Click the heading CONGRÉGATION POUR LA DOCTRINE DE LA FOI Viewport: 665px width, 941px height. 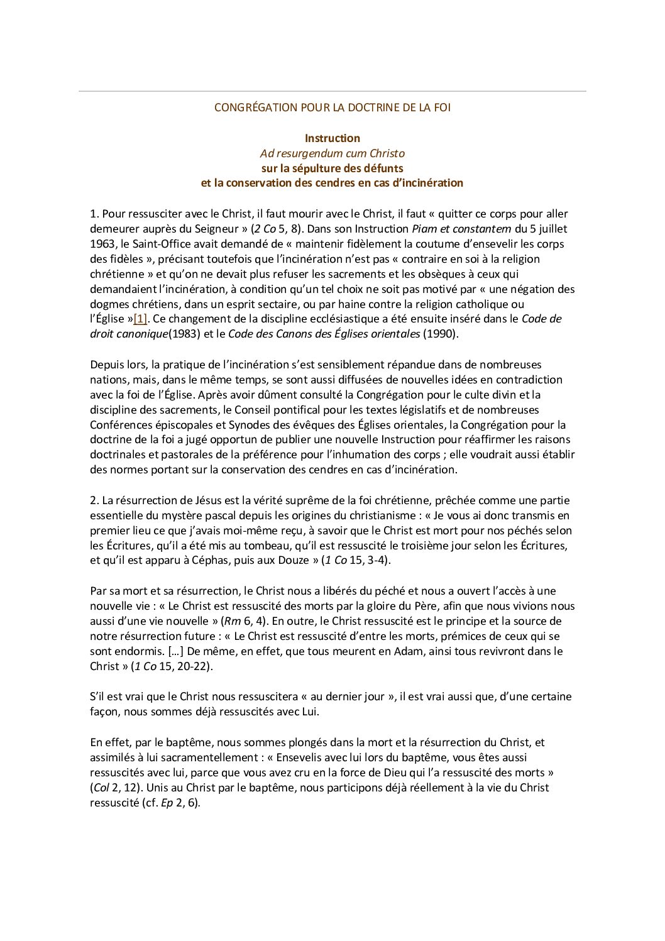coord(332,107)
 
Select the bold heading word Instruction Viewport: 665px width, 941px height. coord(332,138)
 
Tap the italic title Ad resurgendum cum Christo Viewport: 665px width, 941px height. coord(332,153)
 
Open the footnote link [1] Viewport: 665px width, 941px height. coord(140,319)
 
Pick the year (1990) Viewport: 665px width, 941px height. coord(441,334)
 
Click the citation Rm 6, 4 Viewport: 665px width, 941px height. coord(245,621)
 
